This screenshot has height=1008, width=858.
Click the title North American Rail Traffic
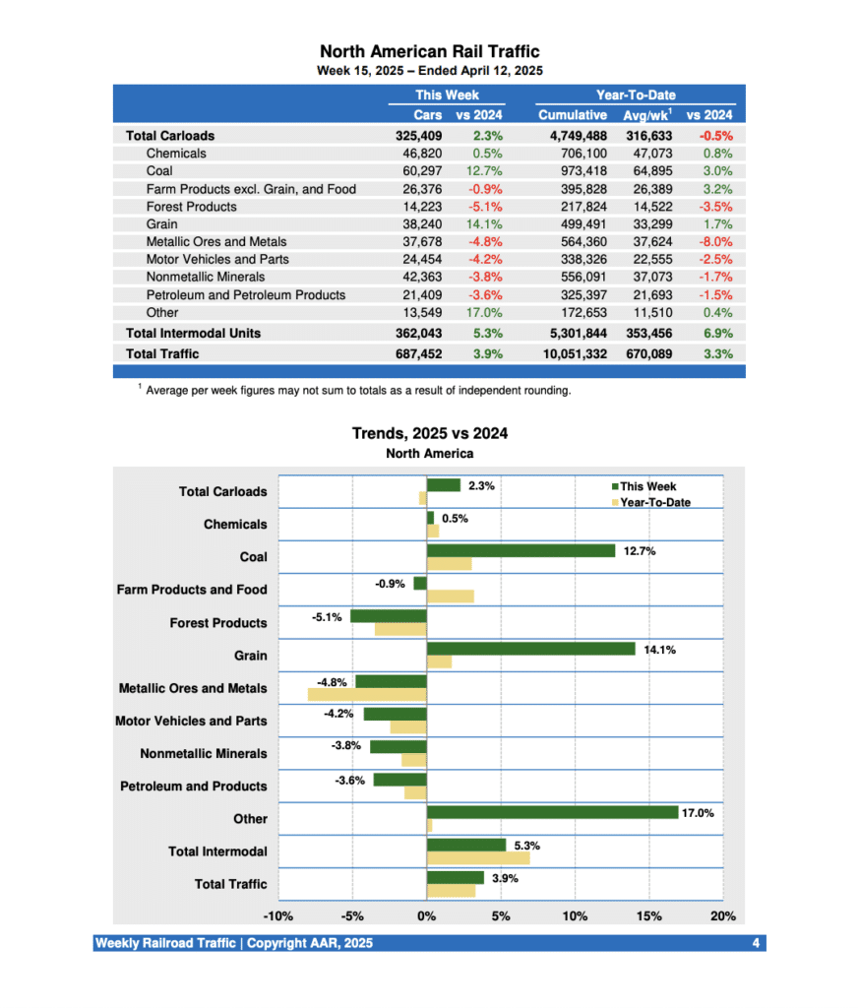pos(429,51)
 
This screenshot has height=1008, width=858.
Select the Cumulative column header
pos(572,115)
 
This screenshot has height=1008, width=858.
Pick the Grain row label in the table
pos(162,224)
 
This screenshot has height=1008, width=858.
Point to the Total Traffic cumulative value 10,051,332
pos(572,353)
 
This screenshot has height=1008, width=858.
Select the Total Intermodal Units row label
pos(193,333)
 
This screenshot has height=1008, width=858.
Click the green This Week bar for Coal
pos(521,551)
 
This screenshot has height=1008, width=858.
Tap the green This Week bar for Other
pos(552,813)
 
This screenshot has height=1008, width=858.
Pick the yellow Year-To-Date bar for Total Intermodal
pos(477,858)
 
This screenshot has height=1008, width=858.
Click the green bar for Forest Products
pos(388,616)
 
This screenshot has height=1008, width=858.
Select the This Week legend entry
pos(647,486)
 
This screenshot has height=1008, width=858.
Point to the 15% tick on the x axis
pos(649,916)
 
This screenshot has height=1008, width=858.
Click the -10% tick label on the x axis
pos(277,916)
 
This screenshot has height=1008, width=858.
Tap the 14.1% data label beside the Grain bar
pos(659,649)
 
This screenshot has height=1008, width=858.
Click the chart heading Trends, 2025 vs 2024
pos(429,433)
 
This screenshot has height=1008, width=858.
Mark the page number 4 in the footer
pos(755,943)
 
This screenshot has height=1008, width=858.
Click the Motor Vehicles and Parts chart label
pos(191,721)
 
